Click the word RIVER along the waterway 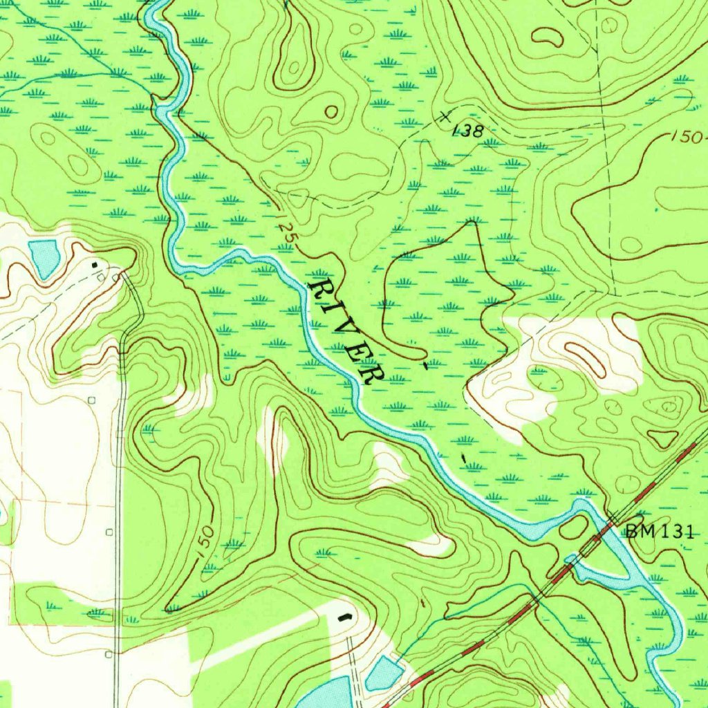[346, 331]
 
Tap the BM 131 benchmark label [658, 531]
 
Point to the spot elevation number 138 [468, 130]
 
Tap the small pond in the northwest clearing [44, 257]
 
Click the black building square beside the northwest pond [95, 264]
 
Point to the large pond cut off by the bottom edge [325, 695]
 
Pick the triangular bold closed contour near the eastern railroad [664, 438]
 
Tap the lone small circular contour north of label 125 [333, 111]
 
